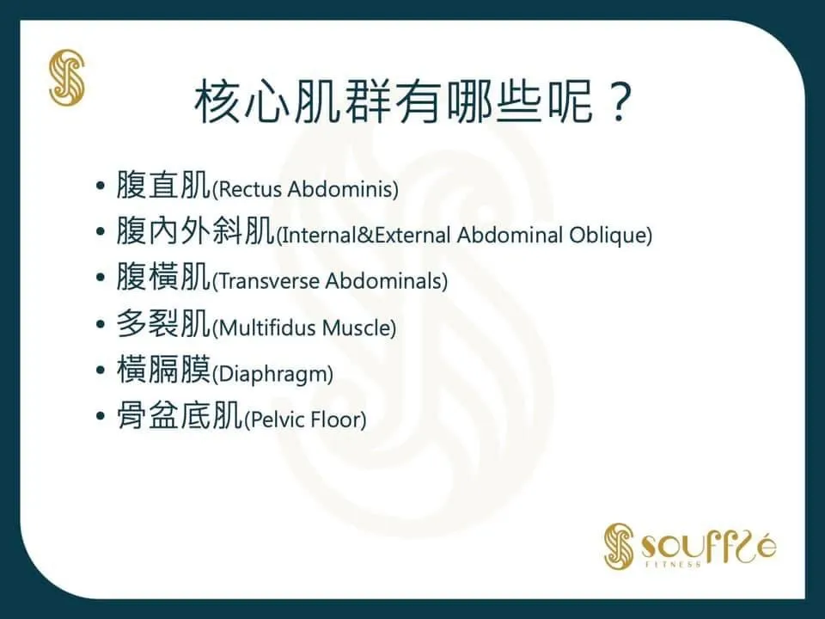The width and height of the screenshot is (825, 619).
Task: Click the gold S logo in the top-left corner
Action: [x=67, y=77]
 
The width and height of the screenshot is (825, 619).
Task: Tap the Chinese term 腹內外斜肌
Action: [x=195, y=230]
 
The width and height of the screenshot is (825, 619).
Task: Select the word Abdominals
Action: [x=383, y=281]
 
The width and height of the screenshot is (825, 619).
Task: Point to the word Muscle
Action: [x=356, y=328]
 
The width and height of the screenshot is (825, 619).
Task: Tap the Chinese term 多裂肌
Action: [x=163, y=322]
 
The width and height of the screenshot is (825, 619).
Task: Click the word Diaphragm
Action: [x=272, y=374]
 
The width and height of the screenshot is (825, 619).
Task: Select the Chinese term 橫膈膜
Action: [x=163, y=369]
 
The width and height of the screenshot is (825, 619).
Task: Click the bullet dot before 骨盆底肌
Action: [x=101, y=416]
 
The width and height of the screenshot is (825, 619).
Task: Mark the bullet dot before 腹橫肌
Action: [x=101, y=278]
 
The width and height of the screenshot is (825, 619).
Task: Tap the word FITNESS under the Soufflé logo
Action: [x=674, y=564]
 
